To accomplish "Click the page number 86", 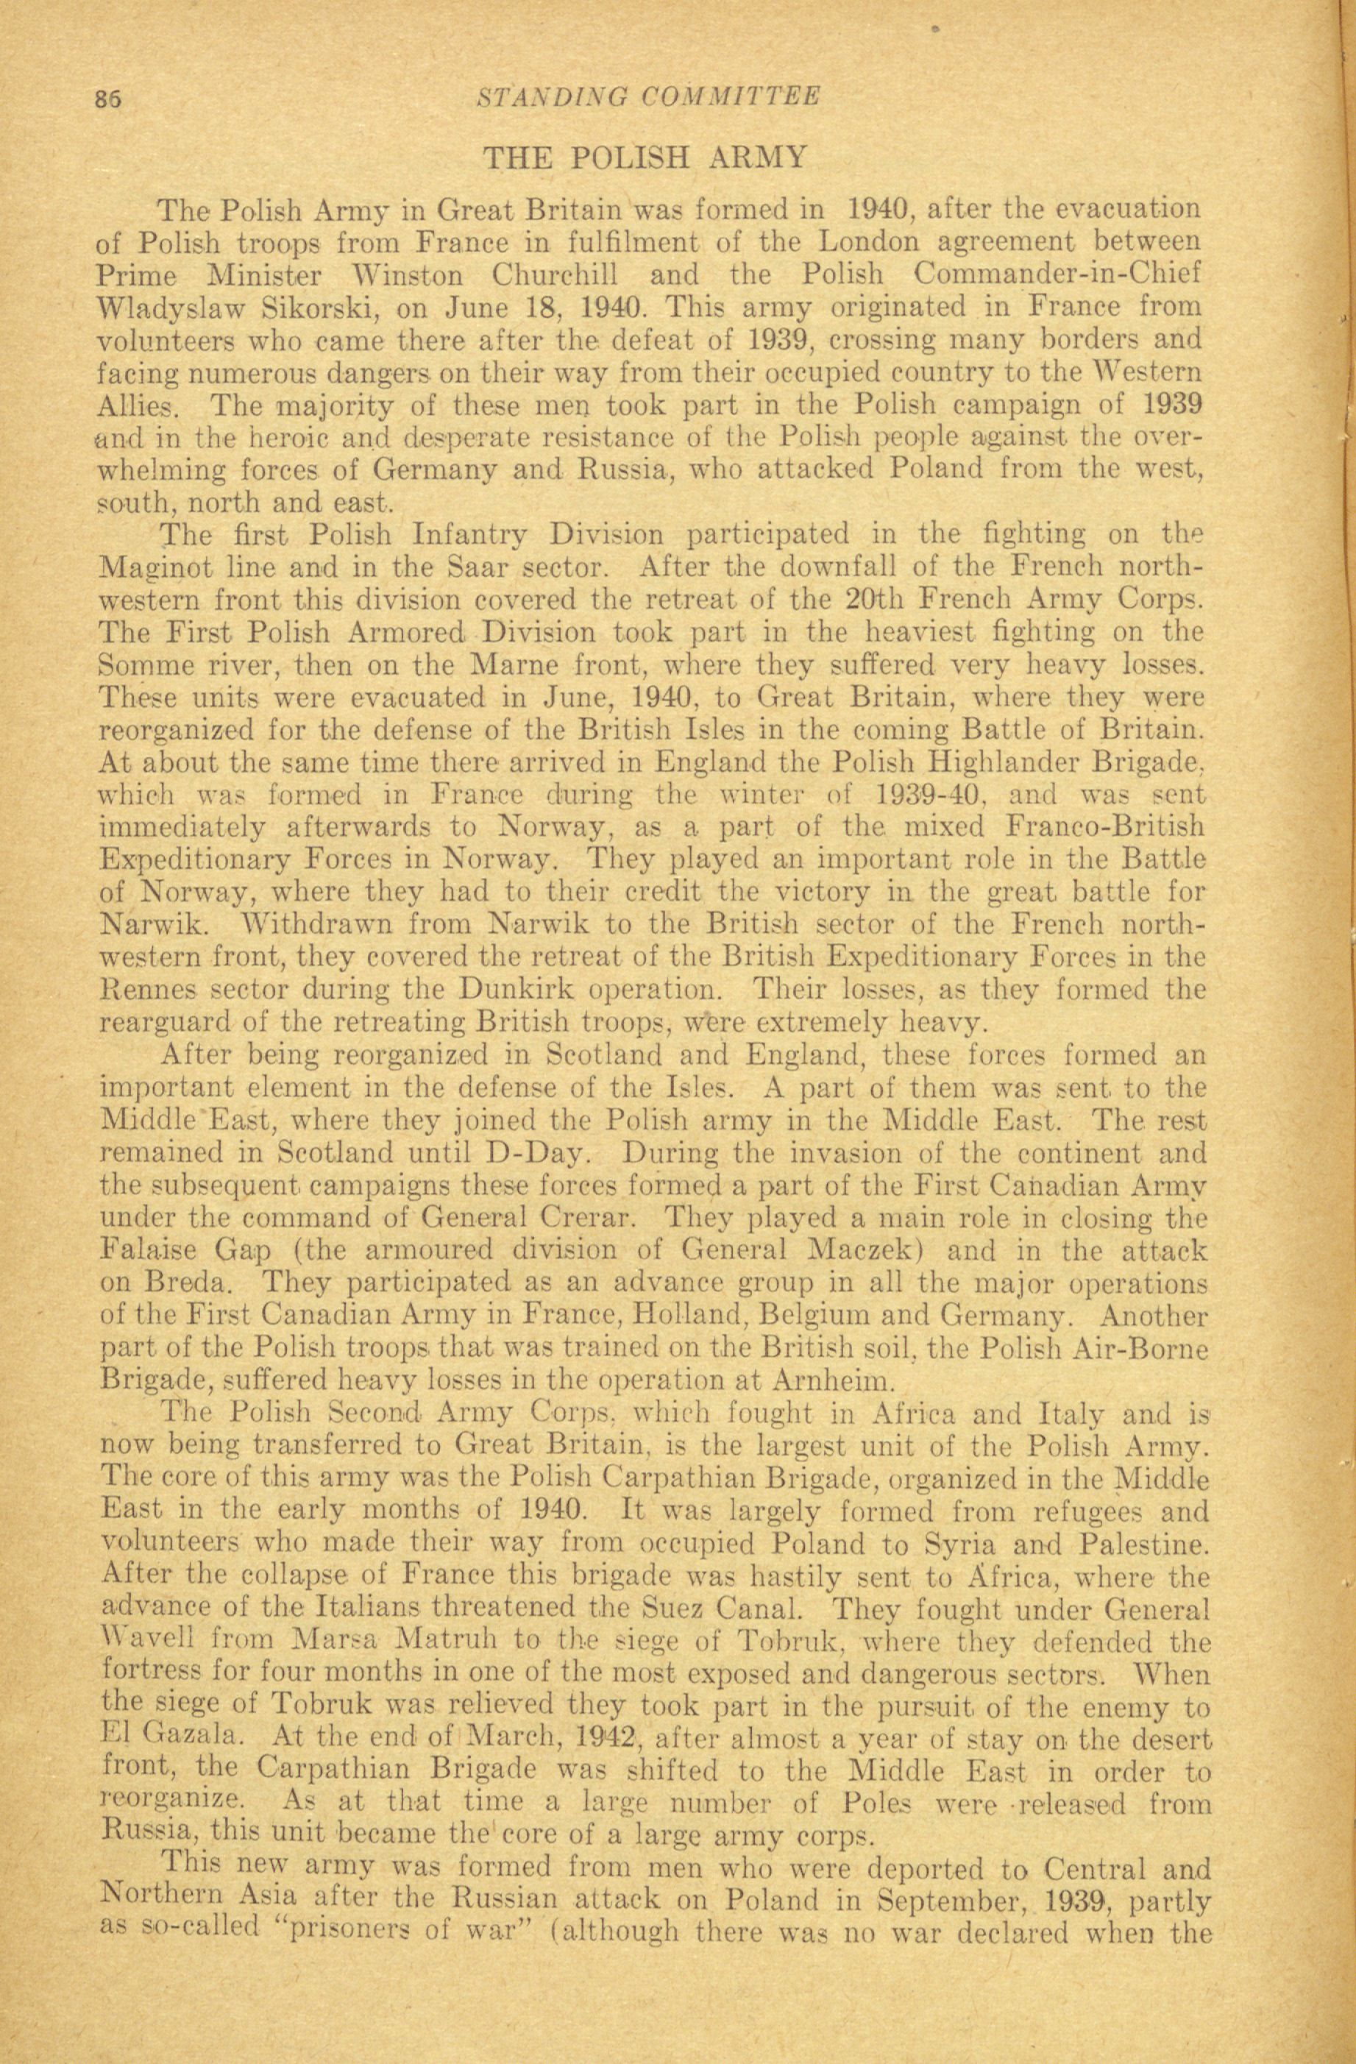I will (108, 98).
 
